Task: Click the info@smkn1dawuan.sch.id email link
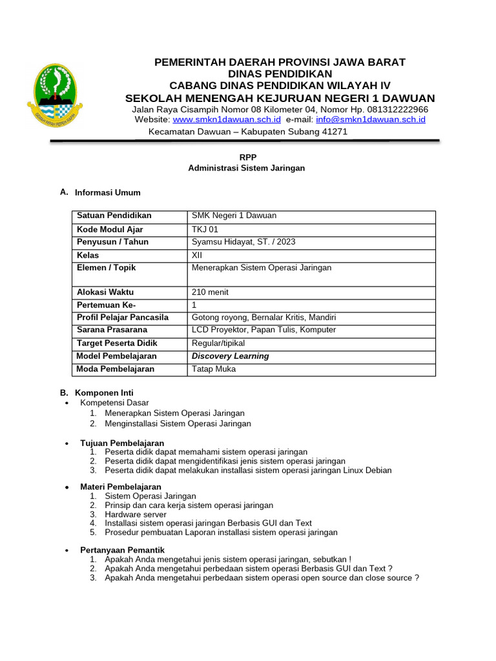(371, 119)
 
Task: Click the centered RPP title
(247, 157)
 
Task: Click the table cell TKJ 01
(205, 229)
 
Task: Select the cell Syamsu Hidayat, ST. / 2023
(243, 242)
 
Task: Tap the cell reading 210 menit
(210, 292)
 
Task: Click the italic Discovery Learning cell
(231, 356)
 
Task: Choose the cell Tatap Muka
(214, 369)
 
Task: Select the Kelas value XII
(197, 255)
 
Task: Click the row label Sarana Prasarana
(112, 330)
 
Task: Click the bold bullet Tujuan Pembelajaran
(122, 443)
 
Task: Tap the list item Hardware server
(135, 514)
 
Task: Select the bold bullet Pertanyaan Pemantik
(123, 549)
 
